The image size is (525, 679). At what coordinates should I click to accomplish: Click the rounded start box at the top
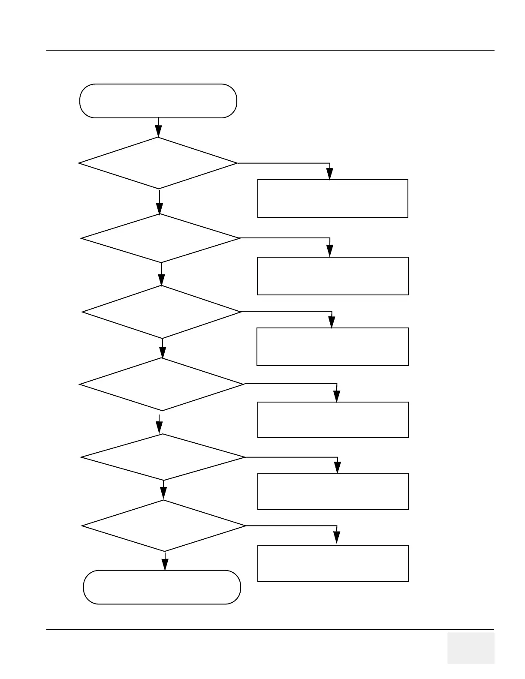point(158,101)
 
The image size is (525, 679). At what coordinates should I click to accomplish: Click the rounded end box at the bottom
point(162,587)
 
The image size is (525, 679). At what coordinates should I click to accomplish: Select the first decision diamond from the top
point(158,163)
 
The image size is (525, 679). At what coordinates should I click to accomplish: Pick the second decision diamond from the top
point(160,238)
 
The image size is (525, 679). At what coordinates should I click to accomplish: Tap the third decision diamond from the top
point(162,312)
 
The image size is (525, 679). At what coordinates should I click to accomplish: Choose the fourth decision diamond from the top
point(162,384)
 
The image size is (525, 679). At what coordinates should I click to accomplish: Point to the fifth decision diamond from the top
point(163,457)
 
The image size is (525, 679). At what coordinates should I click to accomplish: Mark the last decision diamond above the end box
point(164,526)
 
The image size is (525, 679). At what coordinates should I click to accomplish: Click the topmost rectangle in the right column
point(332,198)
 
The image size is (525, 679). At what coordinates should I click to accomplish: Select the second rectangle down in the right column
point(332,276)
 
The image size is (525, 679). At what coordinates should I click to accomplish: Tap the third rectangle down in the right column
point(332,347)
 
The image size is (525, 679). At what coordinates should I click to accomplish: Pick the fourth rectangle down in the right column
point(333,420)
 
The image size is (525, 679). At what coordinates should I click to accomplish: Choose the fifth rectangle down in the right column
point(333,491)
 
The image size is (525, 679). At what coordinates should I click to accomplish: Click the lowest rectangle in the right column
point(333,563)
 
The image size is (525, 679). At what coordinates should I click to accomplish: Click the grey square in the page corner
point(471,648)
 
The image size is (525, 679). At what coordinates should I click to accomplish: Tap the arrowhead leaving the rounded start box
point(158,131)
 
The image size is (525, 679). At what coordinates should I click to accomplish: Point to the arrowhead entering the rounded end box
point(165,565)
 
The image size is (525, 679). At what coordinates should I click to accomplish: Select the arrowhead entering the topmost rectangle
point(329,174)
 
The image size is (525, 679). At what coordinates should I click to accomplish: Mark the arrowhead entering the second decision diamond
point(159,208)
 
